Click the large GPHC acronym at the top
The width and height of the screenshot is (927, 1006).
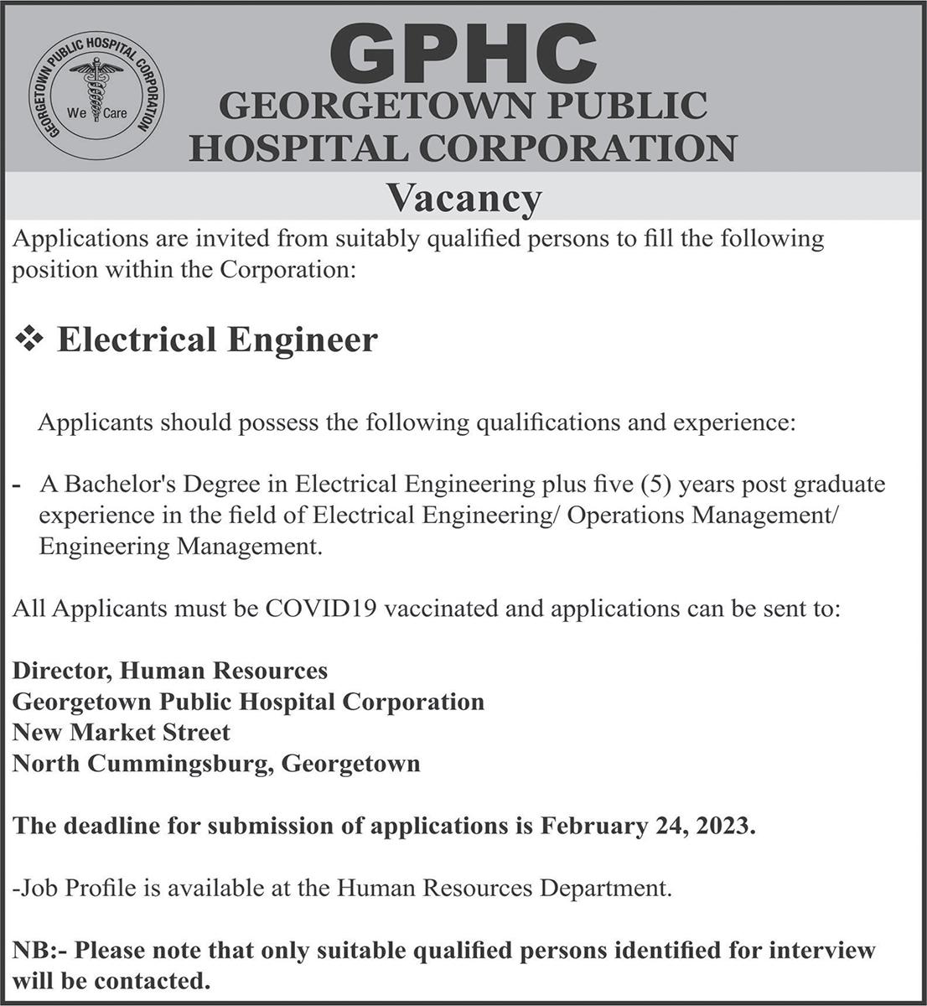point(463,52)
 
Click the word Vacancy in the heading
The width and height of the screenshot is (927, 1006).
point(463,200)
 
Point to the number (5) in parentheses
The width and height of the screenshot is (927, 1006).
point(657,485)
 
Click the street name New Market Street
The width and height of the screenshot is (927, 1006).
point(122,732)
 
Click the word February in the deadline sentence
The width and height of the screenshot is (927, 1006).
point(593,826)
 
